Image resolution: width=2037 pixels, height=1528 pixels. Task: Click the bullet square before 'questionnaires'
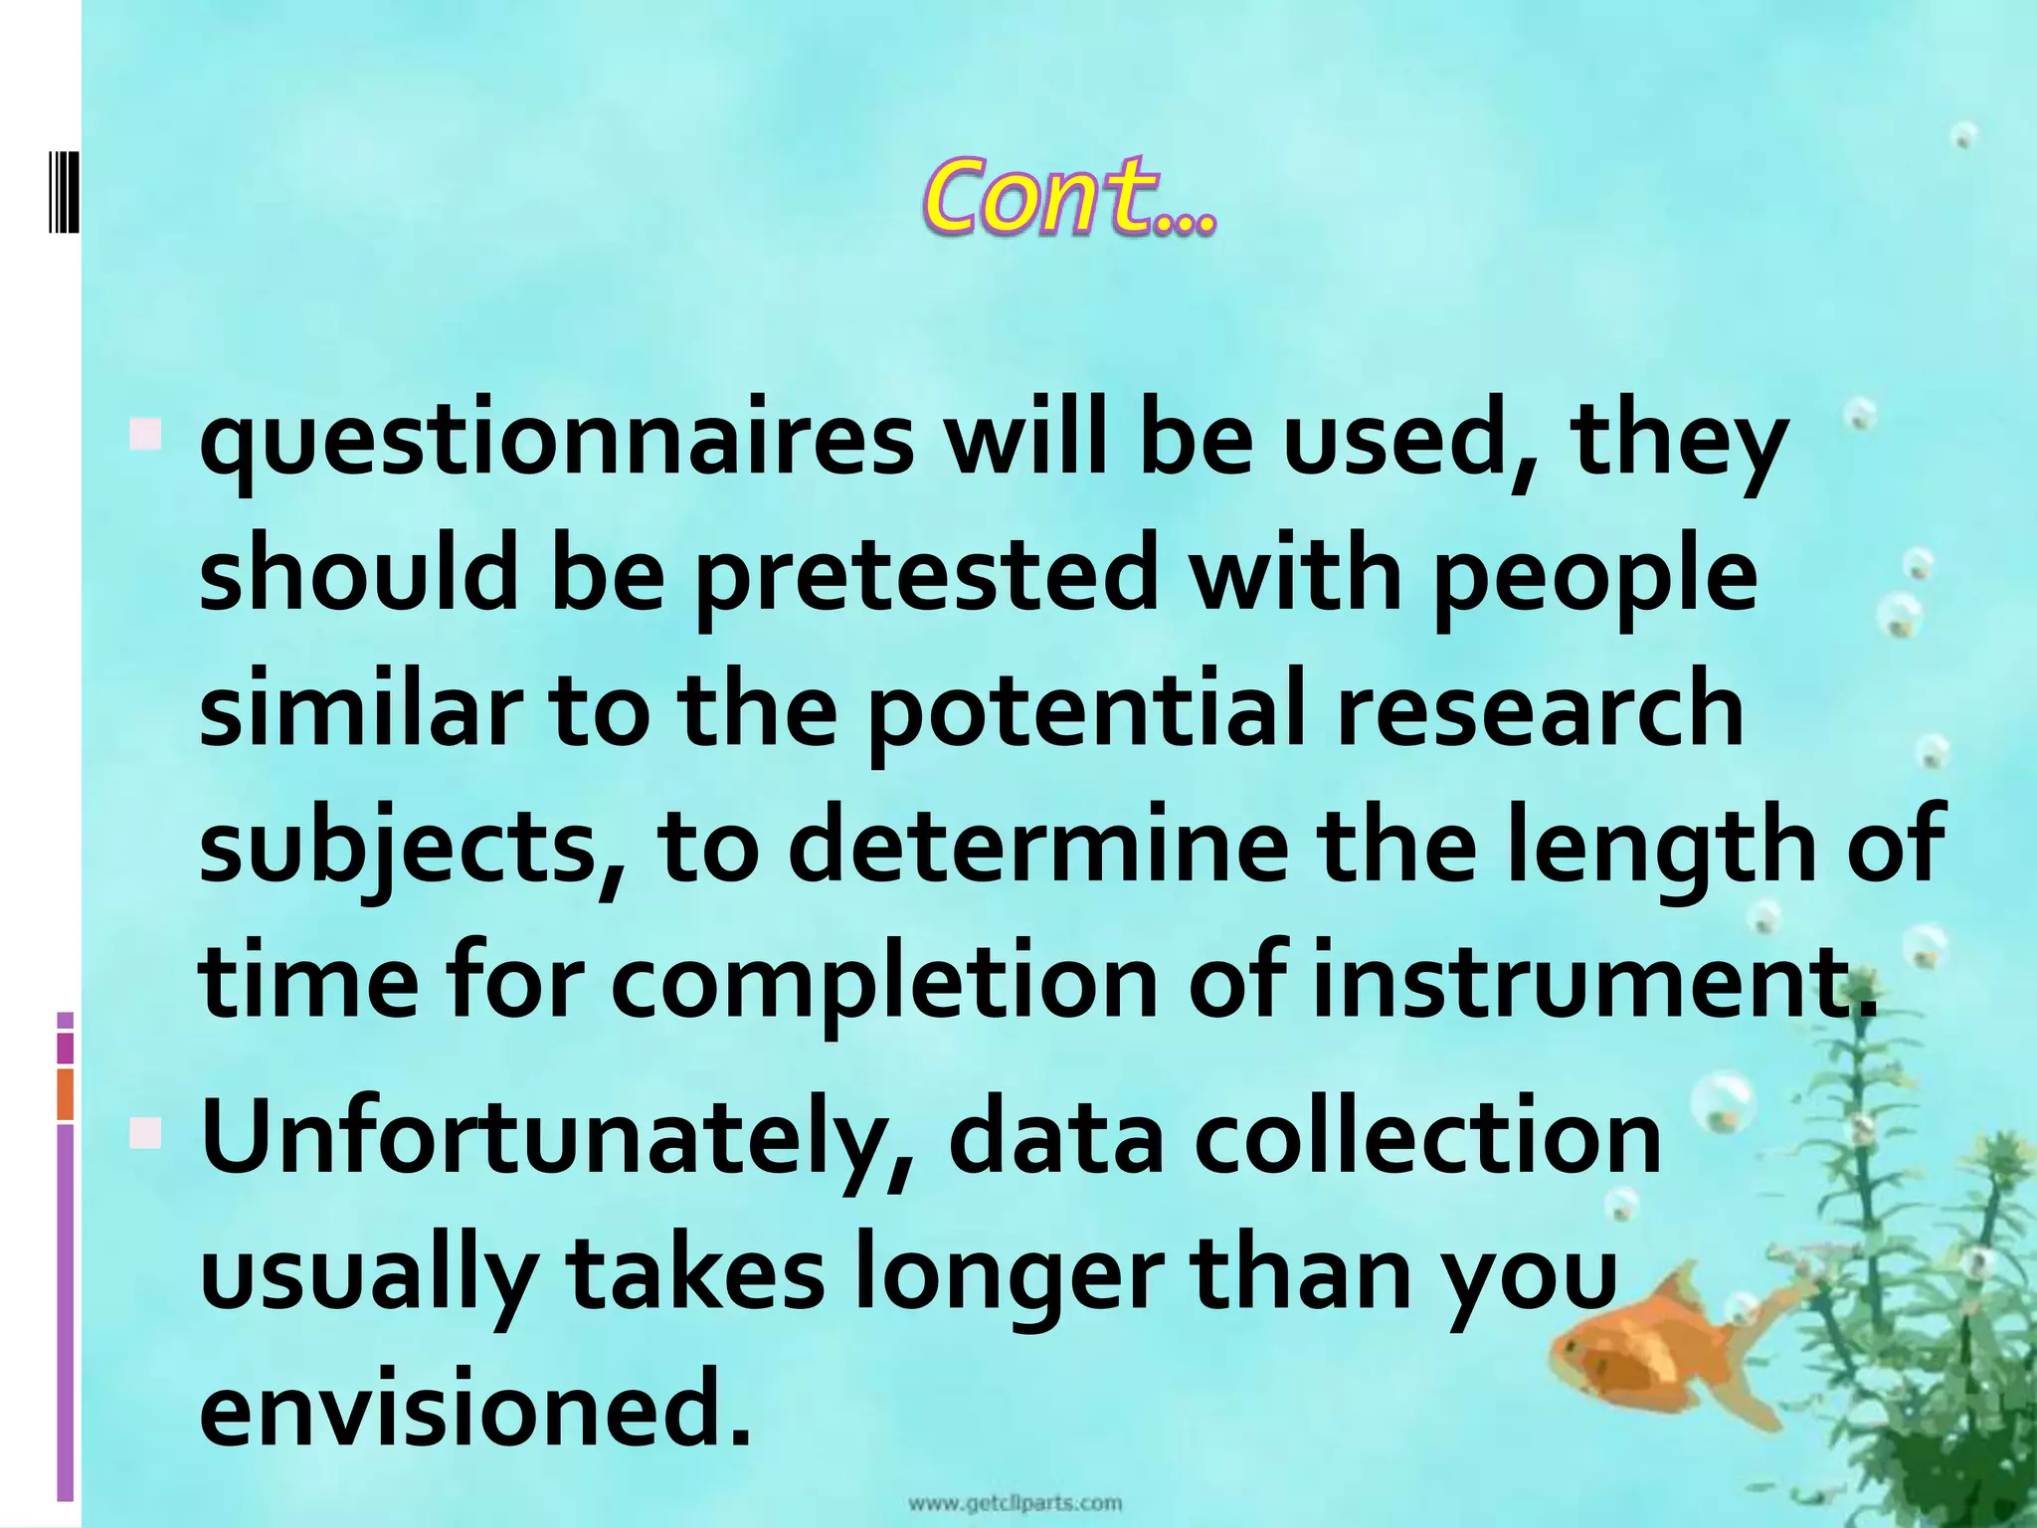145,434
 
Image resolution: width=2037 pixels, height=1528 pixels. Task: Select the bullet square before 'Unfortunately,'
145,1132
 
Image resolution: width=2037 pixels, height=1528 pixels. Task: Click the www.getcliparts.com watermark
1015,1503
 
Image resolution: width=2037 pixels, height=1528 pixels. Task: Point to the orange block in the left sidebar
66,1094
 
